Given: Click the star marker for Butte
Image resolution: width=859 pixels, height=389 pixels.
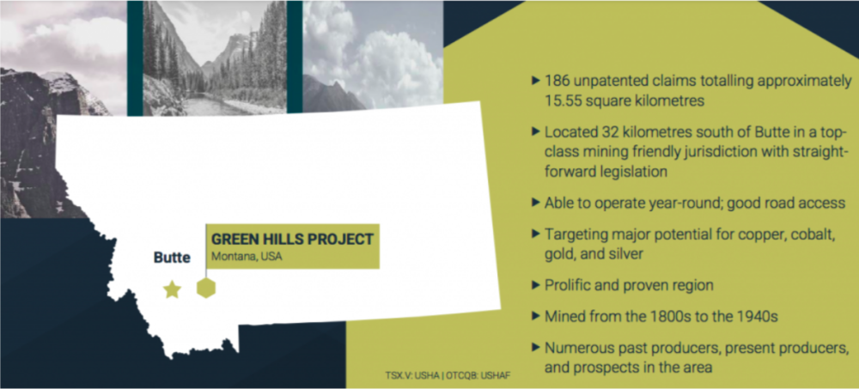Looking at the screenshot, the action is [x=172, y=289].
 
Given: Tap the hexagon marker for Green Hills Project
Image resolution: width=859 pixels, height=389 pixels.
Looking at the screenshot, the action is [x=206, y=288].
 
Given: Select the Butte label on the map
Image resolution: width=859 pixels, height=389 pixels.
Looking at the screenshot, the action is [x=172, y=258].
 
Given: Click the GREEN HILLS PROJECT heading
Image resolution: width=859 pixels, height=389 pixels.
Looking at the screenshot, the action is [x=292, y=240].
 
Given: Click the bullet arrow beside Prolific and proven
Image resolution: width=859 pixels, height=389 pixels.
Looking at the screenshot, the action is [x=536, y=285].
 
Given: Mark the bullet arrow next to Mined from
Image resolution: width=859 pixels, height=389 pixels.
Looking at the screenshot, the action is [x=536, y=316].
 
